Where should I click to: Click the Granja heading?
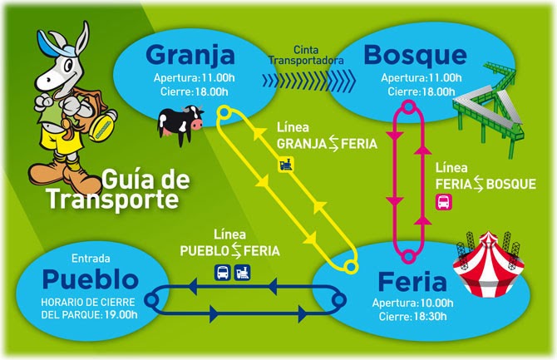[190, 56]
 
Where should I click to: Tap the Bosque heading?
[414, 56]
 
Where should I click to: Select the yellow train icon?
[286, 164]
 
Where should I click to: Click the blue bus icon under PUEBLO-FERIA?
[224, 271]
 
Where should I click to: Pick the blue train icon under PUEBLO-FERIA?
[243, 271]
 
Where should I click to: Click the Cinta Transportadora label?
[308, 56]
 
